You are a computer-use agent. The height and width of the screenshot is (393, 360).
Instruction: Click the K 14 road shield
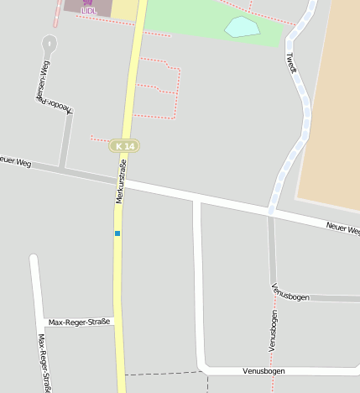124,146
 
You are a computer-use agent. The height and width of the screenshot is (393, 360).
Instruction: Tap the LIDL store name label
89,12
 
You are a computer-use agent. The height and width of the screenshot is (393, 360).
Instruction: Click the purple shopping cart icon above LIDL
89,3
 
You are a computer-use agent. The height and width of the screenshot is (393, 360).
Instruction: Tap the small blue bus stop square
117,233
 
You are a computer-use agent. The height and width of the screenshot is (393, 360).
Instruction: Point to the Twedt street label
292,63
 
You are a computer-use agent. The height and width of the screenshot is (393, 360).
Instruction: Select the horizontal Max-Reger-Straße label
79,322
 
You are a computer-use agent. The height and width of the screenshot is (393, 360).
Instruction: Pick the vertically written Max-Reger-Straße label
44,363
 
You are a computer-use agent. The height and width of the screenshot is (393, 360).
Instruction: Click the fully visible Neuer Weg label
342,228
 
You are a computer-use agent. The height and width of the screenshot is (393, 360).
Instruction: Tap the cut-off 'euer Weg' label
15,161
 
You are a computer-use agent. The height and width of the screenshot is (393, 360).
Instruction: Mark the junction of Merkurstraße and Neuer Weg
123,178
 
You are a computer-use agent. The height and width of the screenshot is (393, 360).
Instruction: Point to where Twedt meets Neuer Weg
271,212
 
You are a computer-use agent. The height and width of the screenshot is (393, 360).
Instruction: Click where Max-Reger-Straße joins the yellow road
118,322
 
